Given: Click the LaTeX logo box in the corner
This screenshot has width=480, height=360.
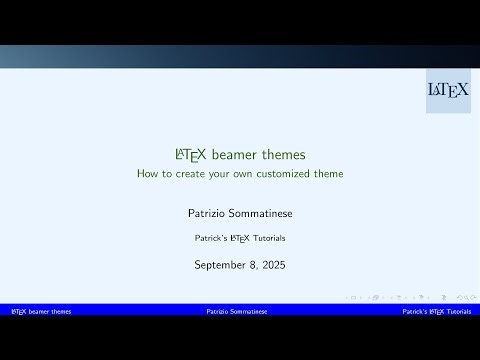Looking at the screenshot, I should [x=448, y=90].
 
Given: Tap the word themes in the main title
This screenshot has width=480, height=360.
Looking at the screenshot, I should [x=282, y=155].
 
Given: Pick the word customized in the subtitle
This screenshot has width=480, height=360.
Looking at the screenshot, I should [x=290, y=174].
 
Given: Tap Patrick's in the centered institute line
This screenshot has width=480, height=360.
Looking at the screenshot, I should [x=211, y=239].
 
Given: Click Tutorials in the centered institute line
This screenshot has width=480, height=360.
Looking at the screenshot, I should [x=267, y=239].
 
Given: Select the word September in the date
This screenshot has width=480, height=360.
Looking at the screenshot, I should [x=222, y=265].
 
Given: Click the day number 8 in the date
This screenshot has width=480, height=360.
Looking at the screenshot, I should [x=252, y=265].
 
